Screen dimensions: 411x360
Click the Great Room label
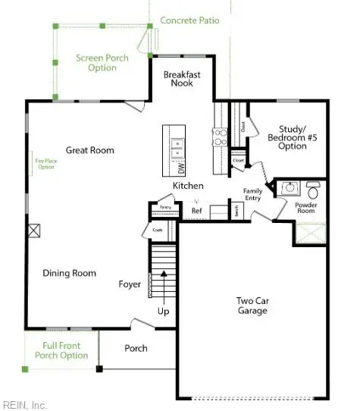(x=89, y=150)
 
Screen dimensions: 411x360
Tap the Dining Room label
(x=69, y=273)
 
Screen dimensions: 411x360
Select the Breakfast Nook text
(x=182, y=78)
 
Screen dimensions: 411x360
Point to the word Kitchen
(x=188, y=186)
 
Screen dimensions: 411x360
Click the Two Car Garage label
(x=252, y=306)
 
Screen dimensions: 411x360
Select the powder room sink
(x=290, y=187)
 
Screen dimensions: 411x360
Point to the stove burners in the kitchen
(x=219, y=136)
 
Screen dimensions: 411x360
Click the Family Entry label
(x=252, y=194)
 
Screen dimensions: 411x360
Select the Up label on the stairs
(x=163, y=311)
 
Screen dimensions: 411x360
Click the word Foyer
(x=130, y=284)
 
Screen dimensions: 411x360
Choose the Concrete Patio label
(x=189, y=20)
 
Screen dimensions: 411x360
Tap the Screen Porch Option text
(x=102, y=63)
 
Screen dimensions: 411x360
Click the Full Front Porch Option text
(x=61, y=350)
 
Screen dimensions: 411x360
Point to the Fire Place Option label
(x=45, y=163)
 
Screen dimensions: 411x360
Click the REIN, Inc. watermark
(x=25, y=404)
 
